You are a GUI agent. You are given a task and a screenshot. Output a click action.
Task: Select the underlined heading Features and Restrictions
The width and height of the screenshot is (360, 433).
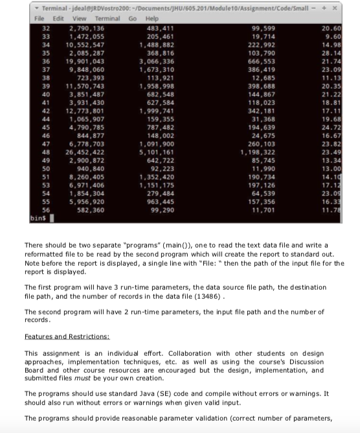pyautogui.click(x=67, y=337)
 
